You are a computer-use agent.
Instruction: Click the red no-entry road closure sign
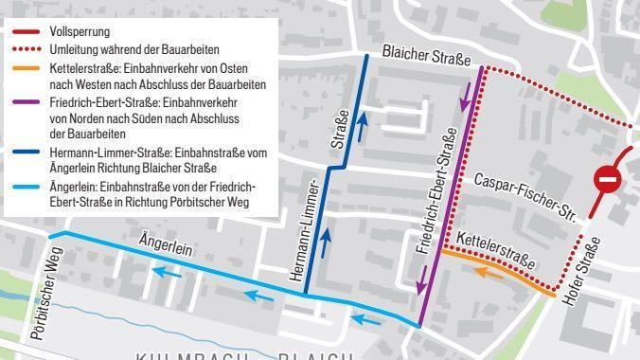(x=607, y=179)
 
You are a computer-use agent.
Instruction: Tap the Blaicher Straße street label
(x=427, y=58)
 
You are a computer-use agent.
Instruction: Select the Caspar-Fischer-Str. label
(x=526, y=196)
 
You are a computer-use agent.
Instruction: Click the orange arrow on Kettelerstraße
(x=488, y=273)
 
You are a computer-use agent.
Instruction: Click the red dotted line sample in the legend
(x=26, y=49)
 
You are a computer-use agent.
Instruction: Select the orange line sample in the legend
(x=26, y=67)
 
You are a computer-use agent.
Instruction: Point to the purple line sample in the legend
(x=26, y=100)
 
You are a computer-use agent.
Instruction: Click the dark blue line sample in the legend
(x=26, y=150)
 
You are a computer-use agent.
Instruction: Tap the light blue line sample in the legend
(x=26, y=184)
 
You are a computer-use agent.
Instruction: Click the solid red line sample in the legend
(x=26, y=32)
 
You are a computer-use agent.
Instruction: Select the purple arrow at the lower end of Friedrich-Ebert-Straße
(x=419, y=280)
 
